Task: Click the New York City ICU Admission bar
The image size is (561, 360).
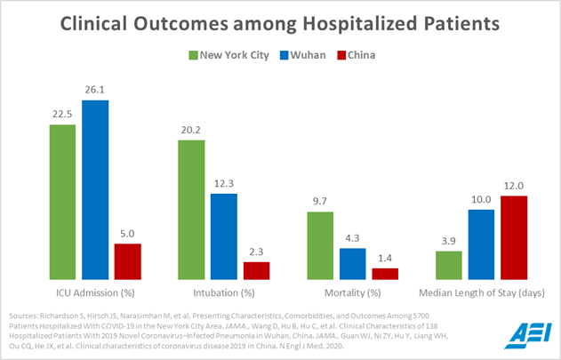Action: pos(62,202)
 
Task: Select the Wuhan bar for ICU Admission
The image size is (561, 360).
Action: pos(95,190)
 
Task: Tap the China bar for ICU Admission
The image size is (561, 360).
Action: pos(127,261)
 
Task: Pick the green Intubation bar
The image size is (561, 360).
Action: pos(191,210)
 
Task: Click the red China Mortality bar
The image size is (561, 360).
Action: pos(385,274)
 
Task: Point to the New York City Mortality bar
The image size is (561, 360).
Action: pos(320,245)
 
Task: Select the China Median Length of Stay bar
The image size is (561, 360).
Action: pos(514,237)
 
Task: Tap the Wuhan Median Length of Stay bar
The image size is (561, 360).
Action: pos(482,244)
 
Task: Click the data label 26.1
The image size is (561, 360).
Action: pos(95,91)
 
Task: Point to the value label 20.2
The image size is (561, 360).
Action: pos(191,131)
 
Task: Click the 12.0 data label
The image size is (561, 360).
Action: pos(514,186)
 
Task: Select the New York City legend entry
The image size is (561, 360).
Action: pos(228,55)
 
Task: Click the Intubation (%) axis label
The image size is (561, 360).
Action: pos(223,292)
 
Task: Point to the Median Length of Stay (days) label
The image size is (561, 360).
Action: pos(481,292)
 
